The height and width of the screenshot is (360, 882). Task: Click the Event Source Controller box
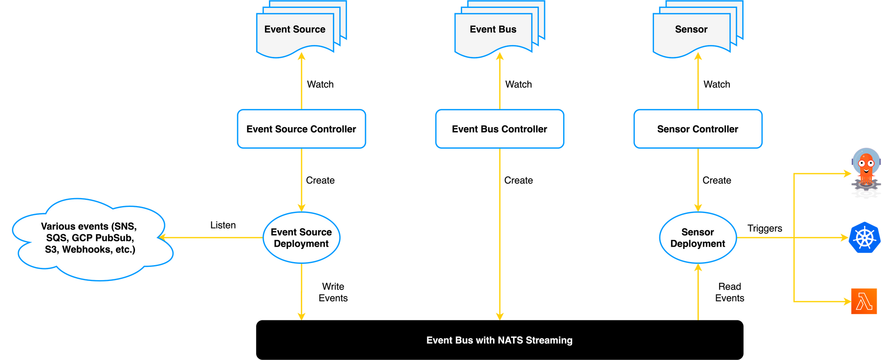301,129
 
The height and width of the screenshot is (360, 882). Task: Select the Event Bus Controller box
499,129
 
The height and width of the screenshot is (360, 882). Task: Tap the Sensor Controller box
698,129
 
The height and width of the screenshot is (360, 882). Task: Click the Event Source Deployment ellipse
301,238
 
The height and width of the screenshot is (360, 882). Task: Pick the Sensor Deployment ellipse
698,238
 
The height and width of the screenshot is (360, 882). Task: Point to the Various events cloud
90,238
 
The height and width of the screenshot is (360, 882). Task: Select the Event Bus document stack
493,30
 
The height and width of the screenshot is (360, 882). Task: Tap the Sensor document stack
691,30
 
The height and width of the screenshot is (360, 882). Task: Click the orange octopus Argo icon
866,169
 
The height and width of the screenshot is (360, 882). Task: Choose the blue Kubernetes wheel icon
864,238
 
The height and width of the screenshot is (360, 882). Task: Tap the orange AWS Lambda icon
864,302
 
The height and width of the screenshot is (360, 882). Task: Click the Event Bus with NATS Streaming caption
499,340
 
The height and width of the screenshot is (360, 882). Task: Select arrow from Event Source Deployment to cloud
212,238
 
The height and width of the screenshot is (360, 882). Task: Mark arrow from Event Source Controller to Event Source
301,82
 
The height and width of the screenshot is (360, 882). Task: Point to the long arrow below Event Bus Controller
500,234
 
